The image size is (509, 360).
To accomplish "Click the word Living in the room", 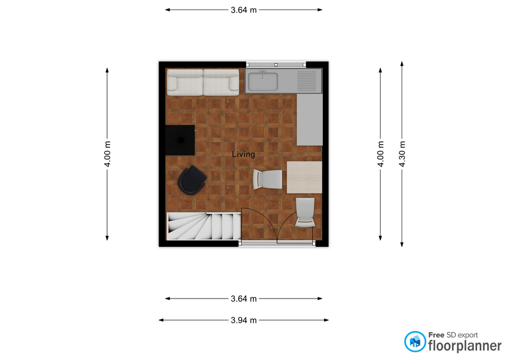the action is [x=243, y=154].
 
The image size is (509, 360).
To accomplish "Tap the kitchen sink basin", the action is [x=263, y=82].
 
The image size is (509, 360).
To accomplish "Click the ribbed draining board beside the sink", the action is [x=307, y=81].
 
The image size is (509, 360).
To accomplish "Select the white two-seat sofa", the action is [x=203, y=82].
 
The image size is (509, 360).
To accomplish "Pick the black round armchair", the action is [x=192, y=180].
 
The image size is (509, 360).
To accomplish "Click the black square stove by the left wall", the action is [x=180, y=140].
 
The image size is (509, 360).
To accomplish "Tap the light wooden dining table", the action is [x=304, y=177].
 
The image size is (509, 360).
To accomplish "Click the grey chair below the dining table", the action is [x=305, y=212].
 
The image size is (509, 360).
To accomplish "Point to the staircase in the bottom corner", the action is [x=204, y=226].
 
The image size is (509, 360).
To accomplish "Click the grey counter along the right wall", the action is [x=310, y=119].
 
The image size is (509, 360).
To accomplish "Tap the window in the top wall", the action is [x=276, y=65].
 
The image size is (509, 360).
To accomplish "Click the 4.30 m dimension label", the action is [x=402, y=154].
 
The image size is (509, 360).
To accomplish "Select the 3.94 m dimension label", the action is [x=244, y=320].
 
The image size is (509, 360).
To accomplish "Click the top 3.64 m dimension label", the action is [x=244, y=10].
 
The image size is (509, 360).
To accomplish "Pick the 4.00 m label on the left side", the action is [x=107, y=154].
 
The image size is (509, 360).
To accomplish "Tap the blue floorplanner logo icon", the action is [x=415, y=341].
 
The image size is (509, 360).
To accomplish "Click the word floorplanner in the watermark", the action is [x=465, y=346].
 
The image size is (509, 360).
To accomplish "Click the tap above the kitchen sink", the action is [x=262, y=73].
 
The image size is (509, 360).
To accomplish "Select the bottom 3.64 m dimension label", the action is [x=244, y=298].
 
